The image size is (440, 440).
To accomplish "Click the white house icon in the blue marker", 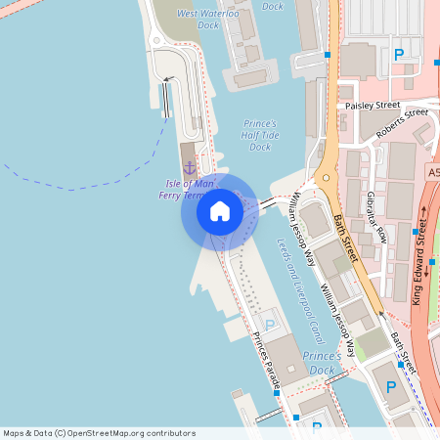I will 219,211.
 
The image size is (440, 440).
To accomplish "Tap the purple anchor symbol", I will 190,169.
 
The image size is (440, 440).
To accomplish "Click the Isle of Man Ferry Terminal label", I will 182,190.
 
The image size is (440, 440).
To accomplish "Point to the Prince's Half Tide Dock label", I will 259,135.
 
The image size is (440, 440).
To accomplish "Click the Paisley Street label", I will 370,104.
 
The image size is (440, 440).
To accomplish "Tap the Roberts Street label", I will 400,118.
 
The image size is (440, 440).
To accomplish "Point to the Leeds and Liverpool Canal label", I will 298,278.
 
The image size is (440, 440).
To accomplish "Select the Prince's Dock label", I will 322,362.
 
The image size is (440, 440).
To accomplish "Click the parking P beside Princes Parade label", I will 271,324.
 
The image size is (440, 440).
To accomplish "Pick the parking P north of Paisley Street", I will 398,55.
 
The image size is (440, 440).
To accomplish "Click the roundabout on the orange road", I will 325,180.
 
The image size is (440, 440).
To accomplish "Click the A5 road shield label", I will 433,172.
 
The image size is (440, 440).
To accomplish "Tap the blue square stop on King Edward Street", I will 432,261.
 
